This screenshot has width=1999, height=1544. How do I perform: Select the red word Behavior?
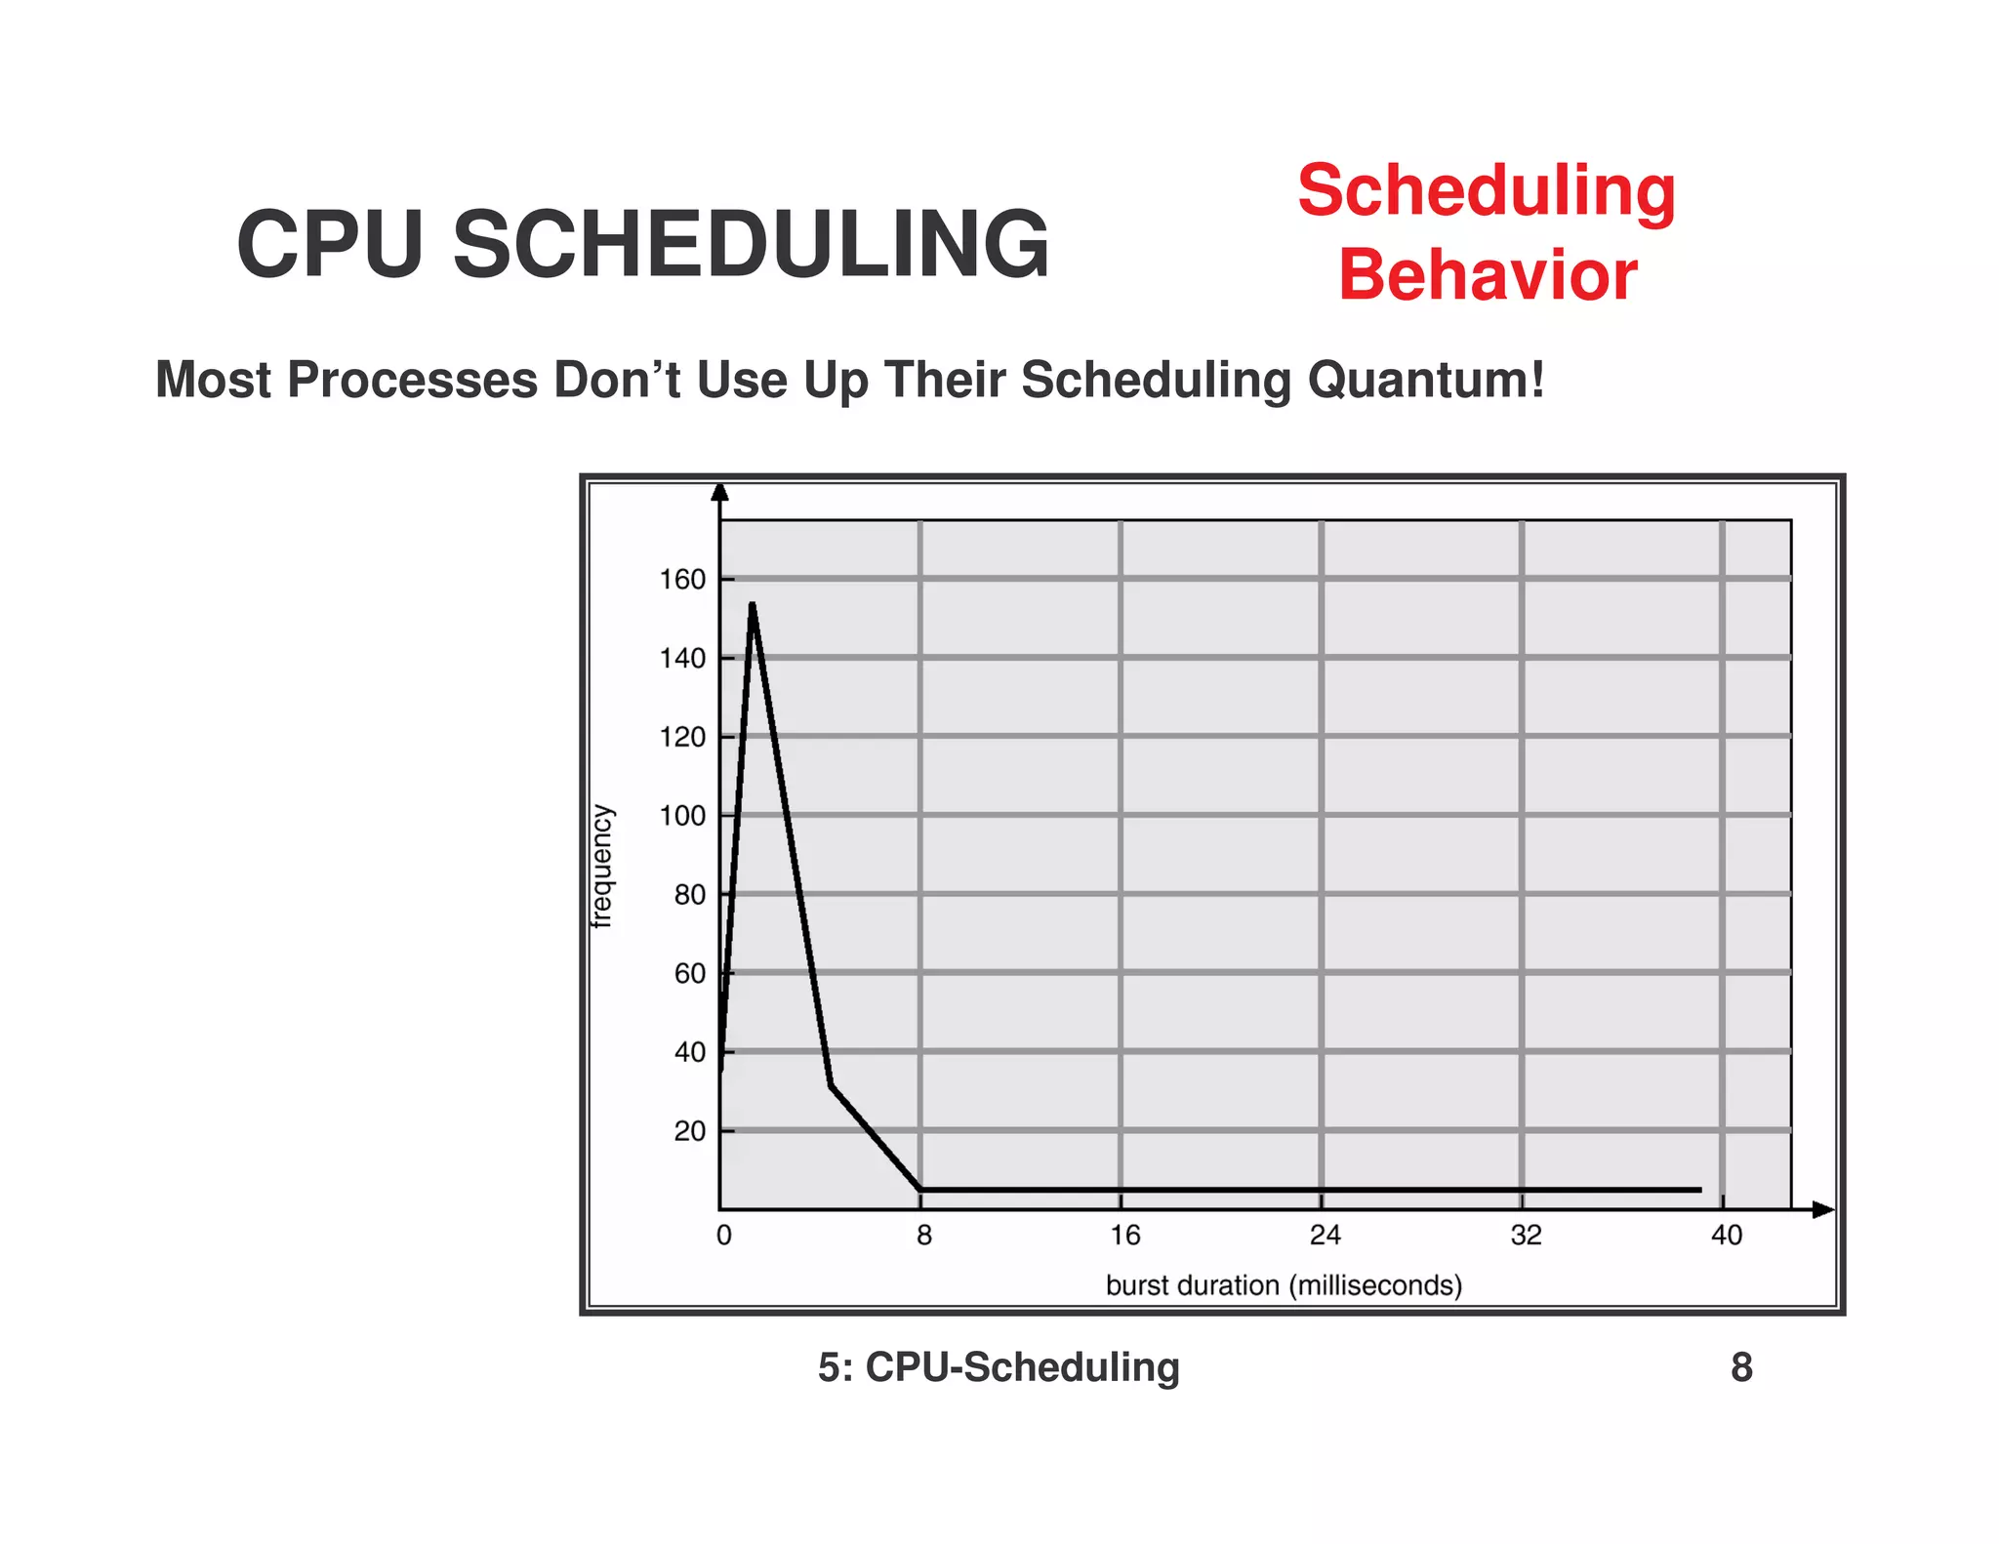pyautogui.click(x=1487, y=275)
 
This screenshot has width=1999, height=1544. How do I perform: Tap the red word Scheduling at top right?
pyautogui.click(x=1487, y=191)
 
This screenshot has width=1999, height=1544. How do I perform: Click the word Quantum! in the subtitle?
pyautogui.click(x=1426, y=380)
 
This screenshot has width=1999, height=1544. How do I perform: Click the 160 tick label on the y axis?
pyautogui.click(x=682, y=580)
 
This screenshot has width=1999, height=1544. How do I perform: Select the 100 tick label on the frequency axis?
pyautogui.click(x=682, y=816)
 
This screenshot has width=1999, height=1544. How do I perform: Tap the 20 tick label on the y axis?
pyautogui.click(x=689, y=1131)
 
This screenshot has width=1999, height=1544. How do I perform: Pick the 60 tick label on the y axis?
pyautogui.click(x=689, y=974)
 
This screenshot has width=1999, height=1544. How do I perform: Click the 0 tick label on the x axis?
pyautogui.click(x=723, y=1236)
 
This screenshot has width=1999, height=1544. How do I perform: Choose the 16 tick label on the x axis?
pyautogui.click(x=1124, y=1236)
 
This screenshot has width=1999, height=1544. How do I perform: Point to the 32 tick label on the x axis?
pyautogui.click(x=1526, y=1236)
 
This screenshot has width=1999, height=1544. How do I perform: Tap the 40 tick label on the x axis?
pyautogui.click(x=1726, y=1236)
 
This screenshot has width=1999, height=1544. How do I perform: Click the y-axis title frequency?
pyautogui.click(x=602, y=866)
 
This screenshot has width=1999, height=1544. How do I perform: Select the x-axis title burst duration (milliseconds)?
pyautogui.click(x=1284, y=1285)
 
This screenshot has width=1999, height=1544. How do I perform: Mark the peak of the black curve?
pyautogui.click(x=753, y=605)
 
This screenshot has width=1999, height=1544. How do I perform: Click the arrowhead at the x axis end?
pyautogui.click(x=1823, y=1210)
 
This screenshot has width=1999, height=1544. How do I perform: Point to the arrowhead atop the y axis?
pyautogui.click(x=719, y=491)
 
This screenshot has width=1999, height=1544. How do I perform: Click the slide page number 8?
pyautogui.click(x=1741, y=1367)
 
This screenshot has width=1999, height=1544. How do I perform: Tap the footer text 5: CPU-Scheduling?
pyautogui.click(x=999, y=1367)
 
